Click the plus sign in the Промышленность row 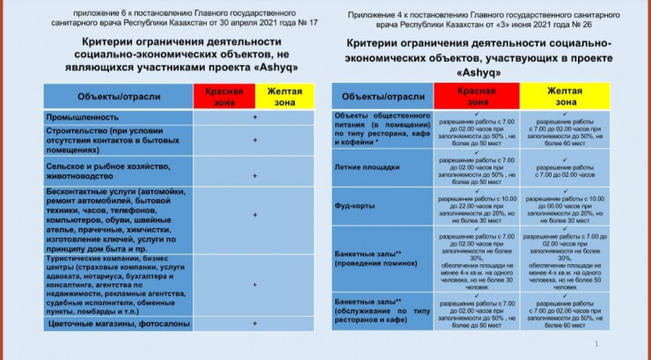point(255,117)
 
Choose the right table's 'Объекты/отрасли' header point(377,95)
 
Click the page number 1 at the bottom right point(597,343)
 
